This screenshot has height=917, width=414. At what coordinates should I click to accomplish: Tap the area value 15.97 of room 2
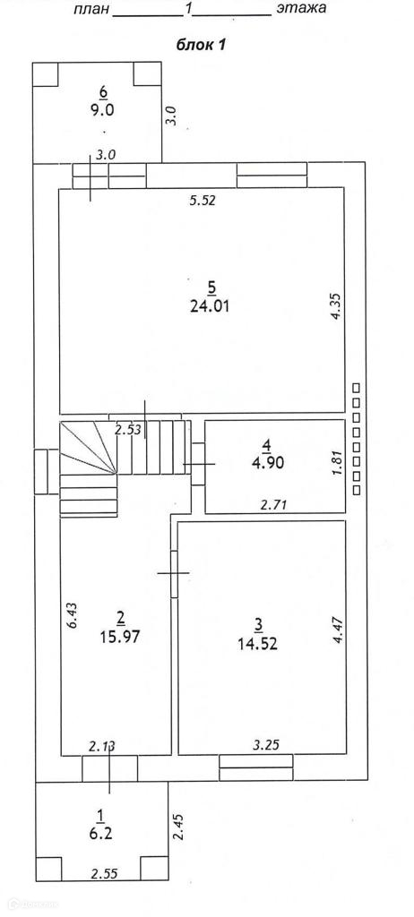[x=120, y=636]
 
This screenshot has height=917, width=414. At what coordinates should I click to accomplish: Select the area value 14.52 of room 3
[x=258, y=644]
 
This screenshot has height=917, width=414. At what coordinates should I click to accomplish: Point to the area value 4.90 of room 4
[x=267, y=463]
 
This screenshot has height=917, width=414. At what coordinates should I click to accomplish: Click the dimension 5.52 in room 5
[x=203, y=201]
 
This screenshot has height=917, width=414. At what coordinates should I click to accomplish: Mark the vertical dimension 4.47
[x=337, y=630]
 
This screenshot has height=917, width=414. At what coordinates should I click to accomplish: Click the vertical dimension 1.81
[x=336, y=462]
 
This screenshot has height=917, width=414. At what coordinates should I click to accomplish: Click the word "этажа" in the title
[x=302, y=9]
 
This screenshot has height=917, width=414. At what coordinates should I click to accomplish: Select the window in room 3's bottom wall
[x=256, y=767]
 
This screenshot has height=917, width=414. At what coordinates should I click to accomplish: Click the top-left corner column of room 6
[x=45, y=73]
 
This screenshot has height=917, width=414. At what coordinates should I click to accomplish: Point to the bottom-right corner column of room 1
[x=155, y=868]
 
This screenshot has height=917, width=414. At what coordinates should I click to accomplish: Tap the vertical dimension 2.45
[x=178, y=827]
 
